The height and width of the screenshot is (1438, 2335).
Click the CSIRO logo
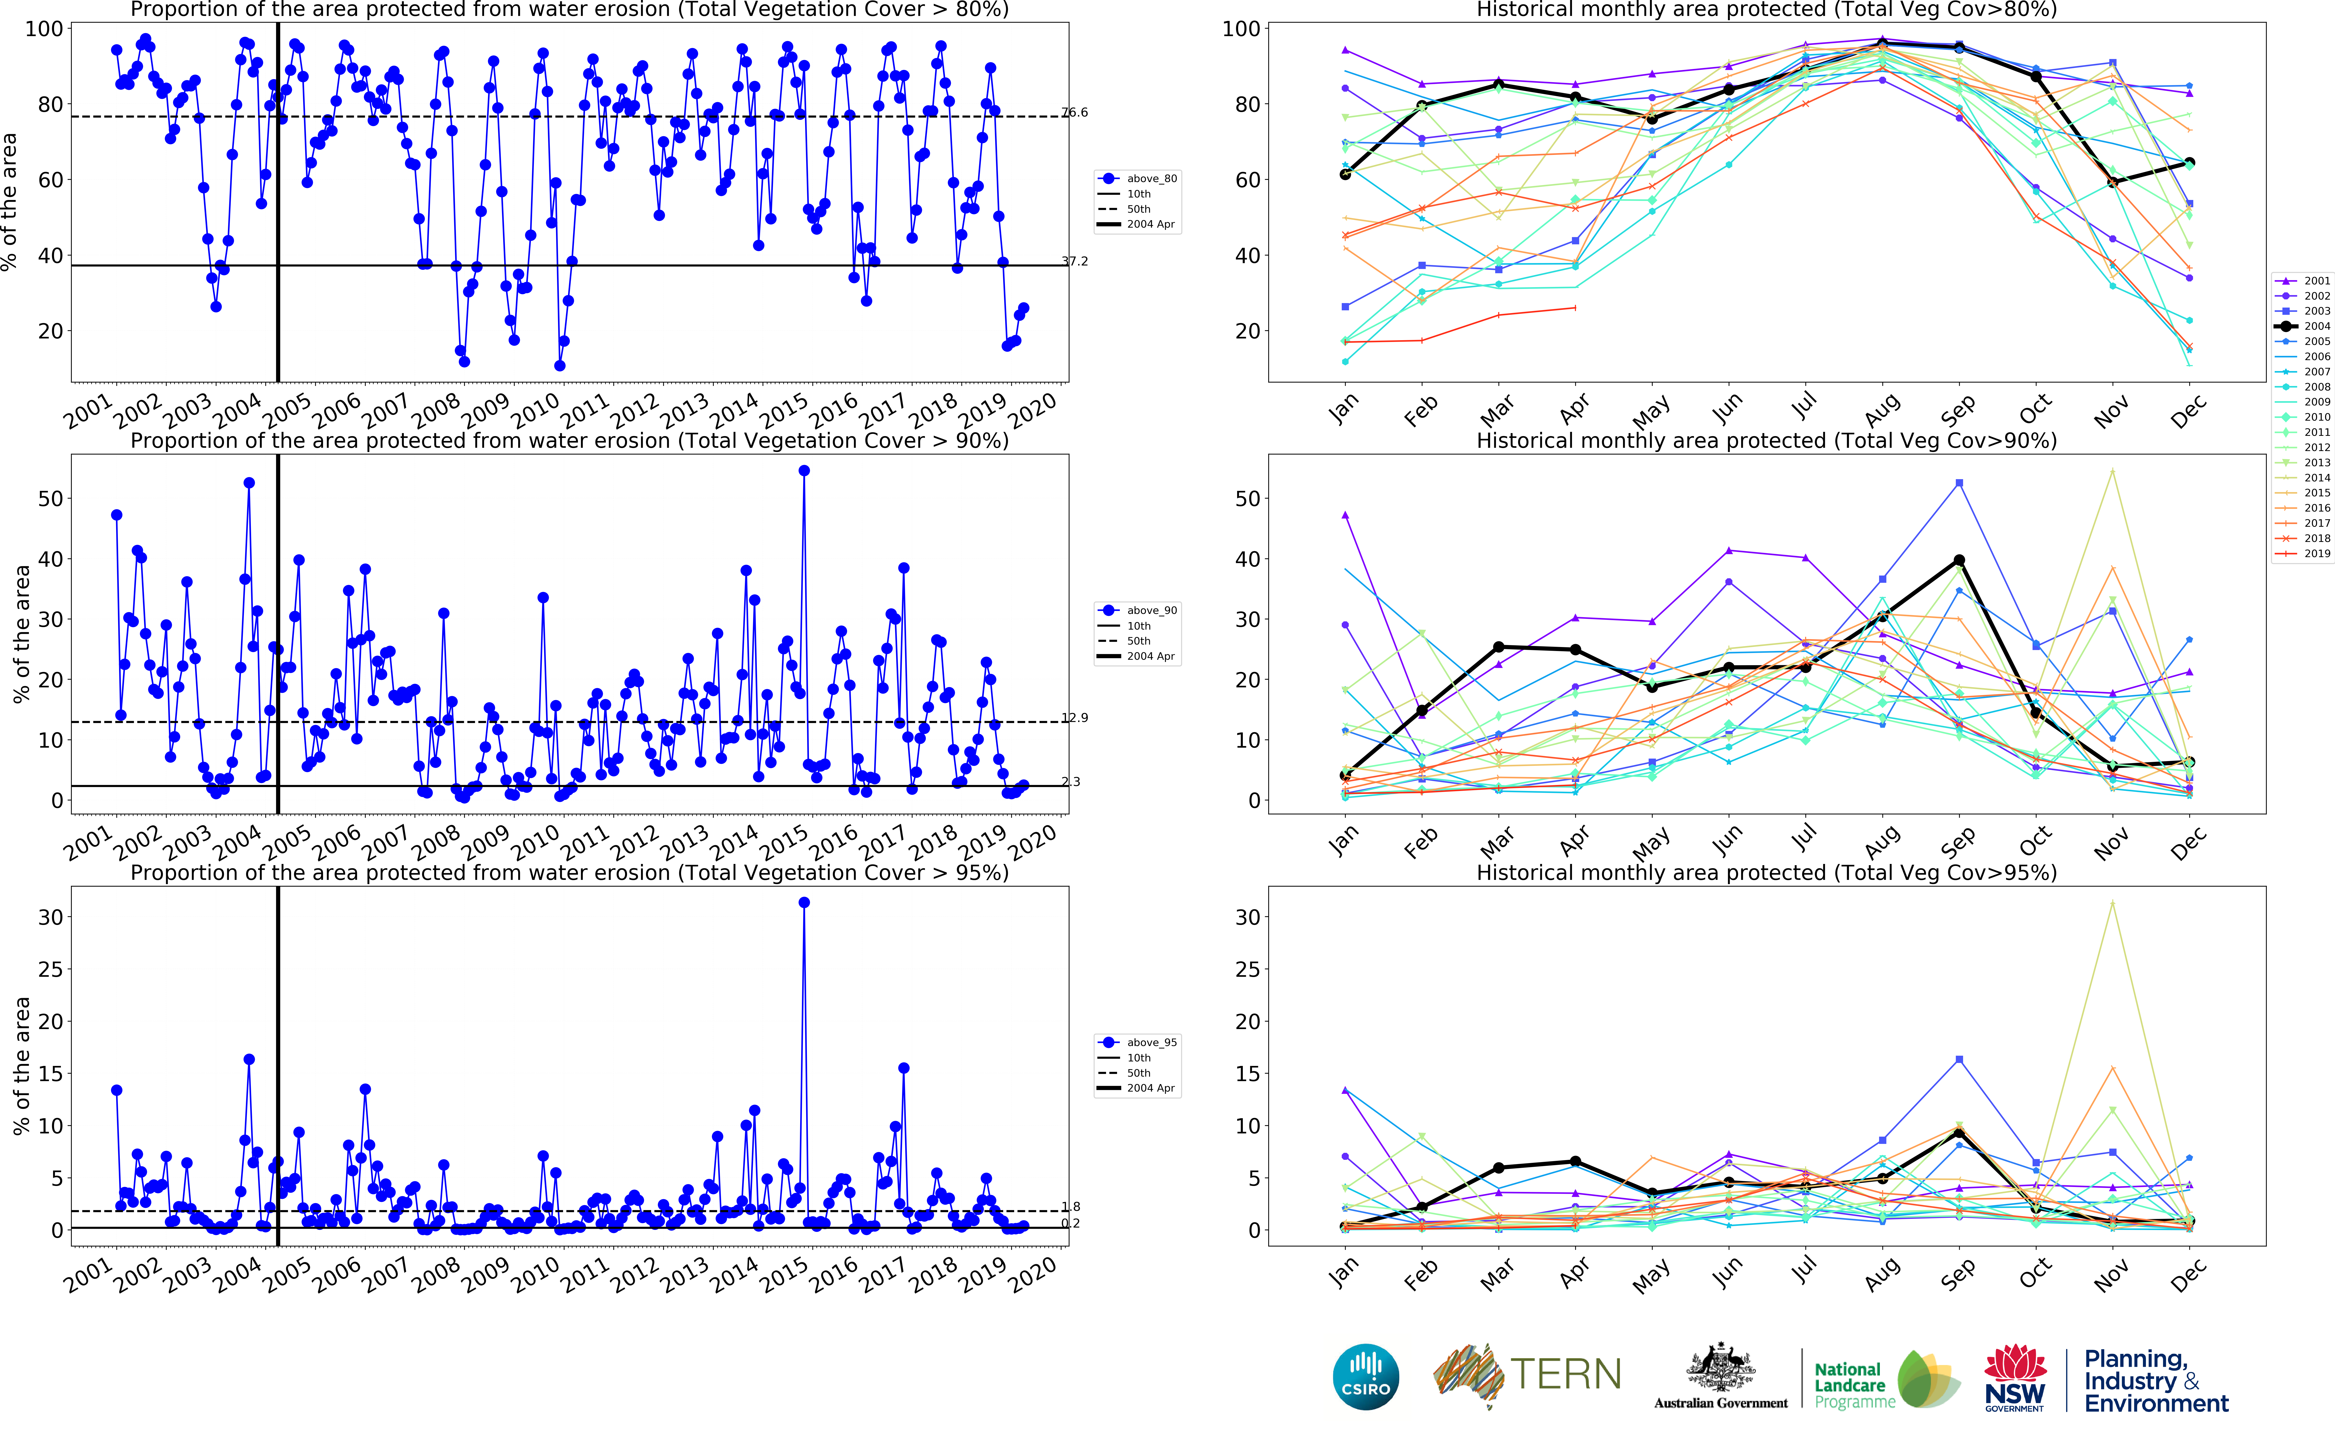click(x=1366, y=1376)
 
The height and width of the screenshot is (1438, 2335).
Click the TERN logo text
click(x=1565, y=1374)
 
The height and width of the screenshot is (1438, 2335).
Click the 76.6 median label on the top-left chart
click(x=1075, y=112)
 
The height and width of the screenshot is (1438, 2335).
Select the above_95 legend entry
click(x=1138, y=1042)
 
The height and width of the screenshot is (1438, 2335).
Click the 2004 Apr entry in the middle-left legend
click(x=1138, y=656)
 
